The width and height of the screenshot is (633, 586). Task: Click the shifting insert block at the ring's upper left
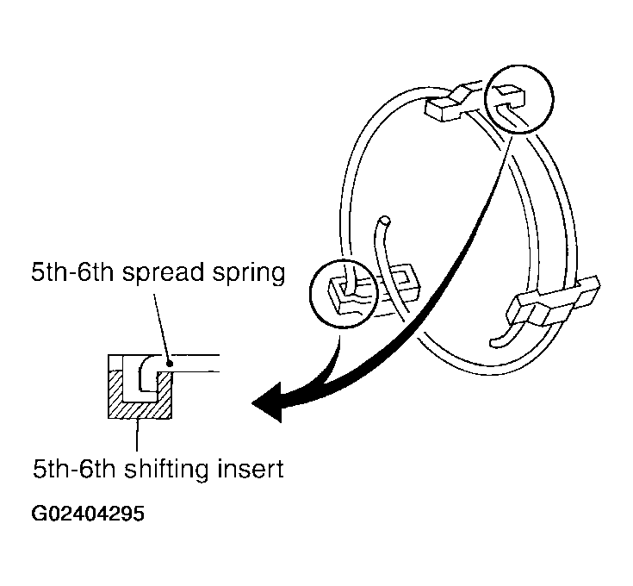[x=452, y=103]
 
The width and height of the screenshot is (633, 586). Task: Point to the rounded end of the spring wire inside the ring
[x=385, y=221]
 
